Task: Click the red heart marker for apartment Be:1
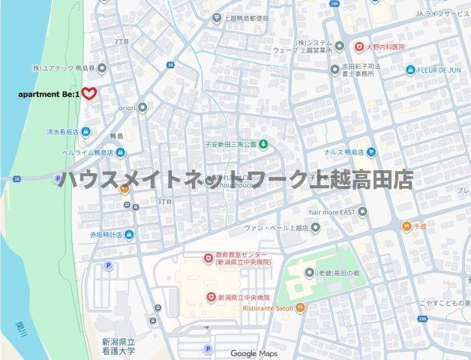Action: click(x=89, y=94)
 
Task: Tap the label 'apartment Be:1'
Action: click(x=48, y=94)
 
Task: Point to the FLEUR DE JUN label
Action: click(x=442, y=70)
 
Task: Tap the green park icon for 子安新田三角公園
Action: click(x=264, y=143)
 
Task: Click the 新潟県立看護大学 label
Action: click(x=119, y=346)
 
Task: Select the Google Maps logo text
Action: click(x=253, y=353)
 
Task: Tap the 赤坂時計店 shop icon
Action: click(x=129, y=235)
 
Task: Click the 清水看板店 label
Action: click(x=63, y=132)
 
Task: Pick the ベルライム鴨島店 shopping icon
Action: click(x=120, y=152)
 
